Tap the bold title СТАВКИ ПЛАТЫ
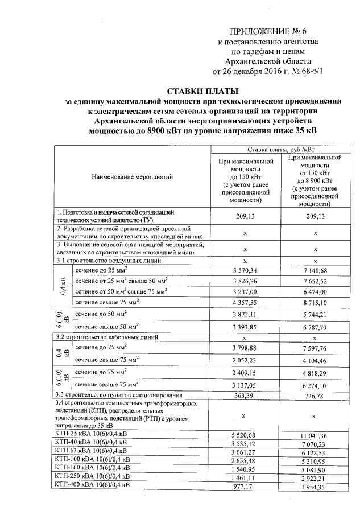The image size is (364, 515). [202, 90]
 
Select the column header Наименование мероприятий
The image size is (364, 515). [132, 177]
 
